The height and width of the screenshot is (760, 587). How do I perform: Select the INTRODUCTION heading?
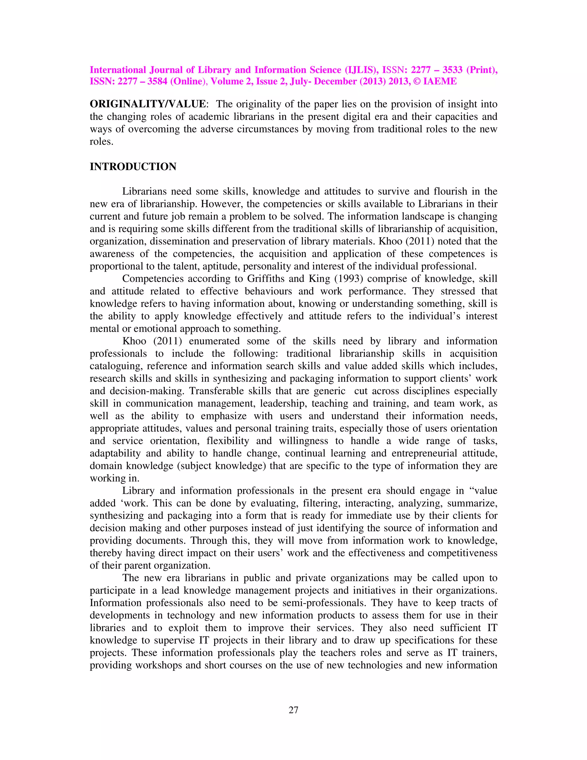pos(133,167)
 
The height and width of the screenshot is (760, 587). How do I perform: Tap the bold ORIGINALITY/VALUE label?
pos(148,104)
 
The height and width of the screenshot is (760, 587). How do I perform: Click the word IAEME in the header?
pos(440,81)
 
